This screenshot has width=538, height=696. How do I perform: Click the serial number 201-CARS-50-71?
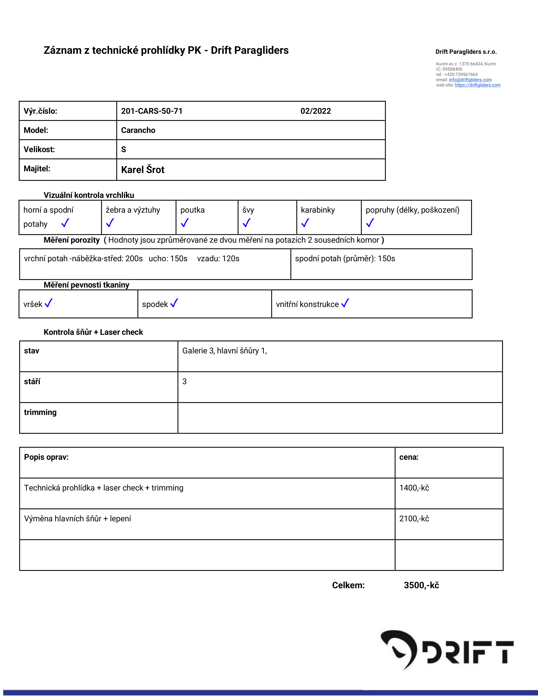152,111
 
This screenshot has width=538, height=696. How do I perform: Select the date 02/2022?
316,111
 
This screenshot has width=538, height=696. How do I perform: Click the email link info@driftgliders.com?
470,80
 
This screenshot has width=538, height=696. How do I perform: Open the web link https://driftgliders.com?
477,85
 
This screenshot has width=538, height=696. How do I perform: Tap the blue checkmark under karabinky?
305,223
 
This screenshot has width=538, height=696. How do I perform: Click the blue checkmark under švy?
246,223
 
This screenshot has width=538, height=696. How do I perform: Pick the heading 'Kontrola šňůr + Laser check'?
93,332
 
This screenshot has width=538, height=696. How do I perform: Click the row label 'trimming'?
40,412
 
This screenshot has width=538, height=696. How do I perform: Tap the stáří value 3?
185,382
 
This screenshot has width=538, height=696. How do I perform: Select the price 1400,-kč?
414,488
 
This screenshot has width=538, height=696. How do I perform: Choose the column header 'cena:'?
409,457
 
